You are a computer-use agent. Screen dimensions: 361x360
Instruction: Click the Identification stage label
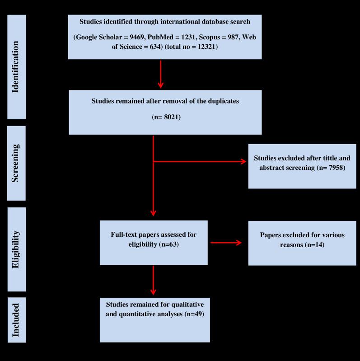[16, 67]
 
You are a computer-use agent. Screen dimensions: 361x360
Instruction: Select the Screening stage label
[16, 163]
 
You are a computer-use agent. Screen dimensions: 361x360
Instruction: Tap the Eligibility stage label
[16, 249]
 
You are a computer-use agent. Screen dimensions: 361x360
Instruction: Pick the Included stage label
[16, 319]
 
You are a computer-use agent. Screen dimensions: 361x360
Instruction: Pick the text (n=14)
[310, 244]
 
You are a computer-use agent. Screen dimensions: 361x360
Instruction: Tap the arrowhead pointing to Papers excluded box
[238, 243]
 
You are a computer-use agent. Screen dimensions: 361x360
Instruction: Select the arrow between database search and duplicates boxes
[160, 74]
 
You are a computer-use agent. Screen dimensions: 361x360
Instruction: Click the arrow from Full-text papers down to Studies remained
[154, 280]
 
